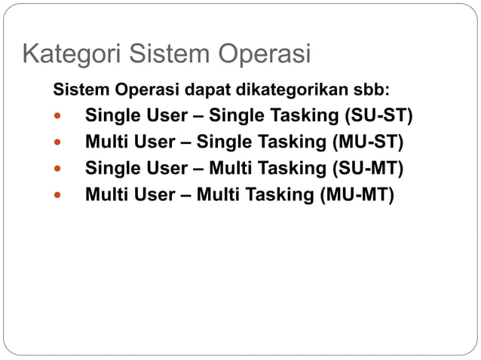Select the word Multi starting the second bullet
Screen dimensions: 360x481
(x=104, y=142)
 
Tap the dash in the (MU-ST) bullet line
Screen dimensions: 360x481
(x=186, y=142)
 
